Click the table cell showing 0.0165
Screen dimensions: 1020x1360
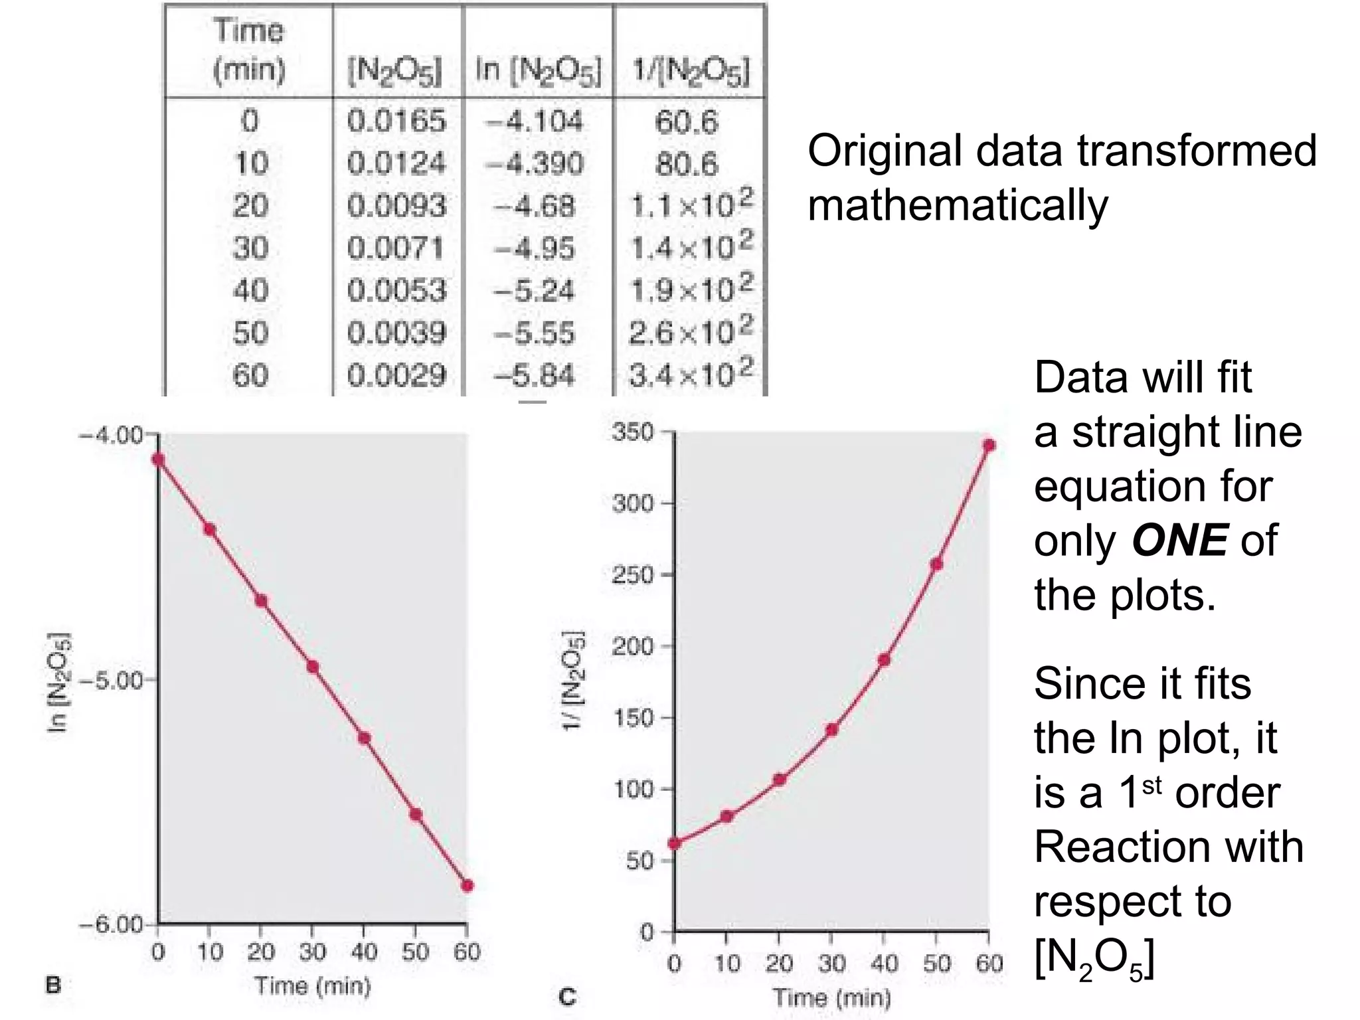(x=396, y=121)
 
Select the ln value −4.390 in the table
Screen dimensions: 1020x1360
(x=535, y=163)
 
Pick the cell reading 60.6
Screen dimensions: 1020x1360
(x=687, y=122)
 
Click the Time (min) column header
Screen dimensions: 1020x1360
(x=248, y=50)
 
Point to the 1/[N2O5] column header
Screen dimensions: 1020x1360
(x=691, y=70)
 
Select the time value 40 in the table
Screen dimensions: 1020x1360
(x=250, y=290)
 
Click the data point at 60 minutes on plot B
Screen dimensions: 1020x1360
(x=467, y=885)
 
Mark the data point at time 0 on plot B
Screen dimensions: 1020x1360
(x=158, y=459)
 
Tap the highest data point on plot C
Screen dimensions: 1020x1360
(x=989, y=445)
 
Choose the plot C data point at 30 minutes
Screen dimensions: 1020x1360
(x=831, y=729)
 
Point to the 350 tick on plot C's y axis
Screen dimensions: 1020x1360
(x=633, y=432)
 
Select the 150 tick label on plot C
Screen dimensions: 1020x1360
(x=633, y=718)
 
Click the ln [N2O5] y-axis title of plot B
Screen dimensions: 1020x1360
(x=58, y=681)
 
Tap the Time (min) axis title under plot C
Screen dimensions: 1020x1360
(x=831, y=997)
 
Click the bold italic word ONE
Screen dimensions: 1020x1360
(x=1179, y=541)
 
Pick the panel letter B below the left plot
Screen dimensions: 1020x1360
(x=53, y=985)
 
